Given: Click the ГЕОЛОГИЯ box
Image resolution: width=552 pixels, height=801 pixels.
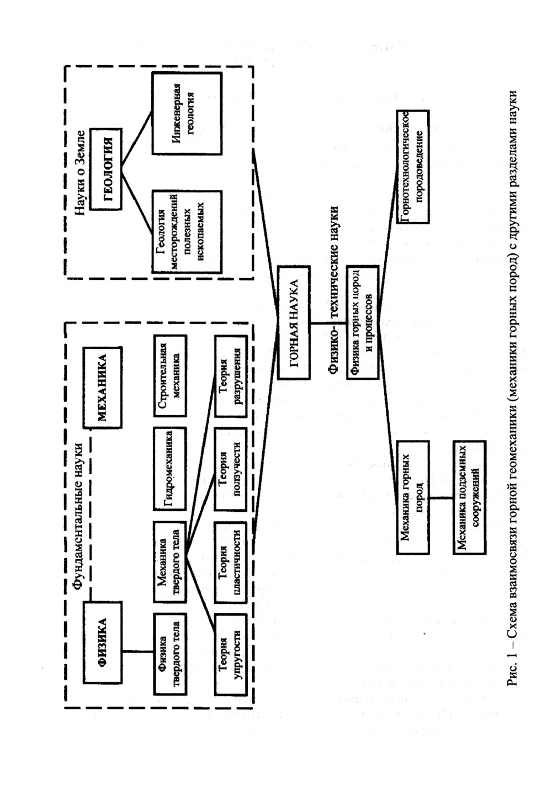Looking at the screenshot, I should (x=106, y=169).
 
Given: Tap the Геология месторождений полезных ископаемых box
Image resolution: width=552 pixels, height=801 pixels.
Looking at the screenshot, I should (x=186, y=231).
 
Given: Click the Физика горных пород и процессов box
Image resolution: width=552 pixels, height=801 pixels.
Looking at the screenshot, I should (x=362, y=322).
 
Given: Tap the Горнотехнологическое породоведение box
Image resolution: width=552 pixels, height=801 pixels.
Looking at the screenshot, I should (x=412, y=167).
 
